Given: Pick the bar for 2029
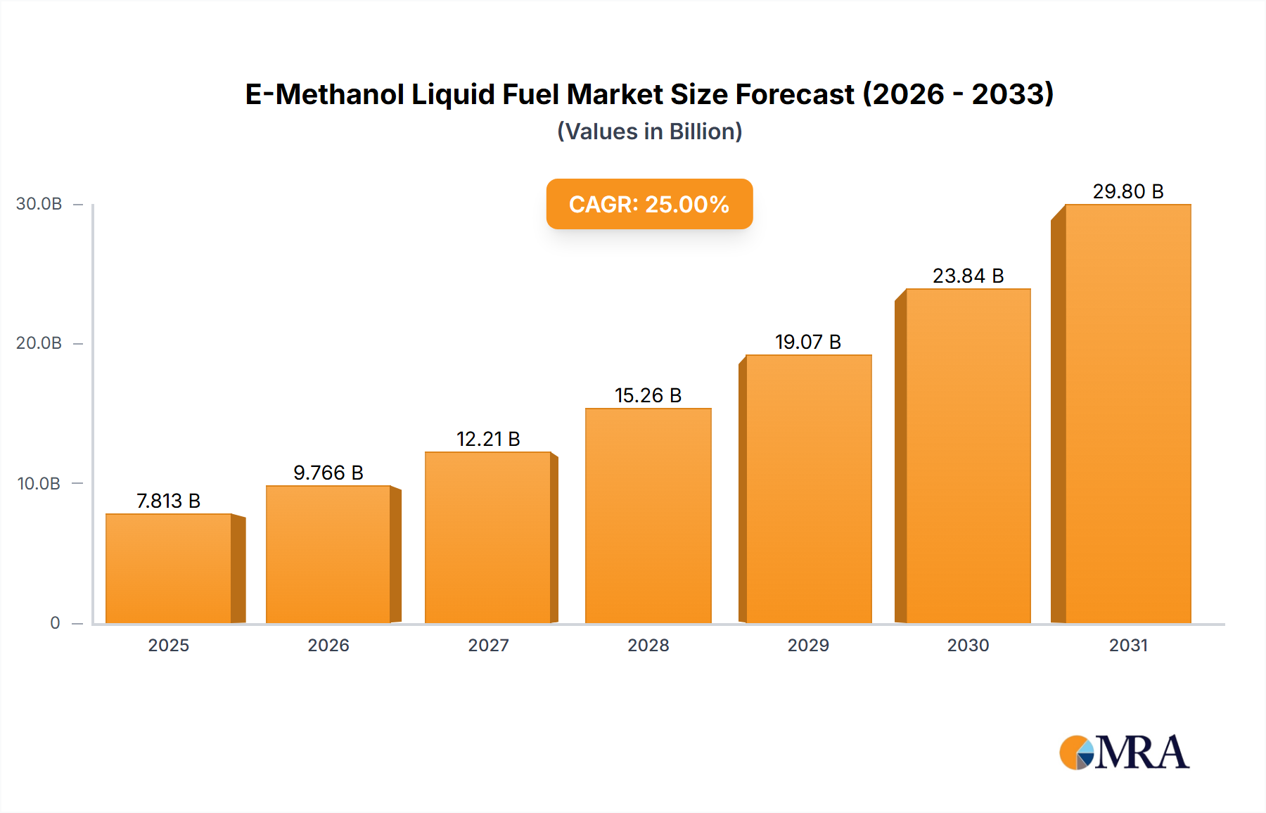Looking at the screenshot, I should coord(808,489).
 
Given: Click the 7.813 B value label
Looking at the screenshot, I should coord(169,501).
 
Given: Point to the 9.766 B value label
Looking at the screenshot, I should coord(328,473).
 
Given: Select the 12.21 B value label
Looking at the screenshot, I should coord(488,439).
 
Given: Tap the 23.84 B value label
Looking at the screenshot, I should coord(968,276).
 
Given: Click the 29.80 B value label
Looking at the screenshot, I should coord(1127,191).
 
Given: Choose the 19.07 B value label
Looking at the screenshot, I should coord(808,342).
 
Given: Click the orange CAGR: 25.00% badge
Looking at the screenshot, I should coord(649,204).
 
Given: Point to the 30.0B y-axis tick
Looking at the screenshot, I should coord(39,204).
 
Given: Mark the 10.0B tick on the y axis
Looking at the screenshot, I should coord(39,484).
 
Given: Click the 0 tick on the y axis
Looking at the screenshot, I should coord(55,623).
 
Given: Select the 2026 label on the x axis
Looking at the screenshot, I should coord(328,645).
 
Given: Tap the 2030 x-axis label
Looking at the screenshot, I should coord(968,645).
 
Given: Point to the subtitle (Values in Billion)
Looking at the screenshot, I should coord(649,132).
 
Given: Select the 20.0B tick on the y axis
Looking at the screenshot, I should coord(39,343).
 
